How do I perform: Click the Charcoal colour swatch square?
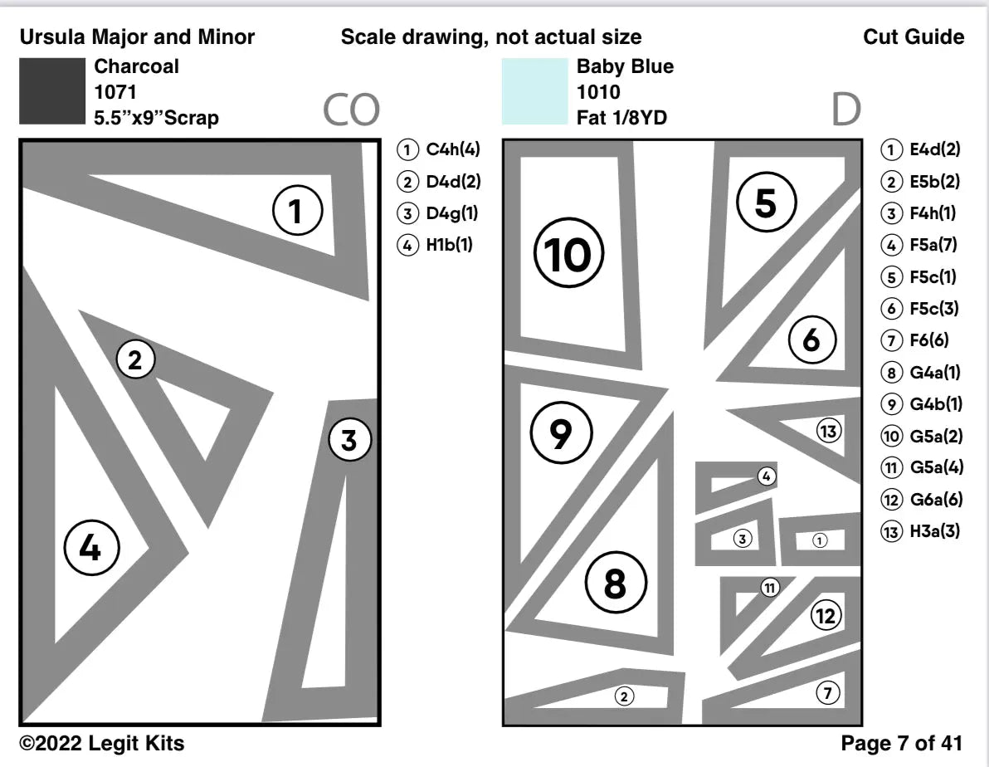tap(51, 91)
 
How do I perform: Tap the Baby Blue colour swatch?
tap(534, 91)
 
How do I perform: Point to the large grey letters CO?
tap(351, 110)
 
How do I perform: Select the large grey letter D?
tap(845, 110)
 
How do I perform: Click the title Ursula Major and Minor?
tap(137, 37)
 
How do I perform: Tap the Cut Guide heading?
tap(913, 37)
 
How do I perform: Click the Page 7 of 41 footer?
tap(902, 743)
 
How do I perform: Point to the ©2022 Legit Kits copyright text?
tap(102, 743)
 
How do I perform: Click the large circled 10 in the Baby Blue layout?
tap(568, 255)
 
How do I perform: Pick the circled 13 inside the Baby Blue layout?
tap(828, 431)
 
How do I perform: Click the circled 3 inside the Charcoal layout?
tap(348, 440)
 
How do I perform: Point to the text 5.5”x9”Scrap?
tap(157, 118)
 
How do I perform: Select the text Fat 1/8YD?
tap(621, 118)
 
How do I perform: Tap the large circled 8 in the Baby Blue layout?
tap(614, 584)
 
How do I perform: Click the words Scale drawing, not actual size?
tap(491, 37)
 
